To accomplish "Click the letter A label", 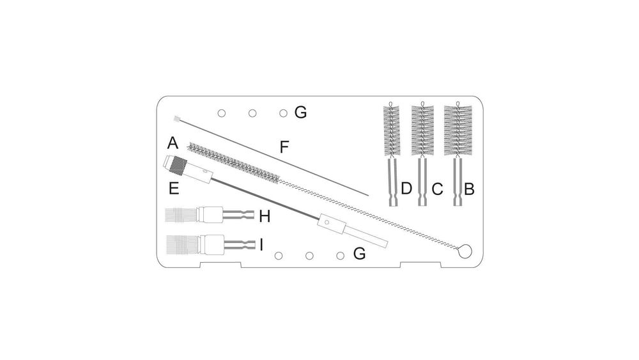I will coord(172,142).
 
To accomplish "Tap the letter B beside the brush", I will coord(469,189).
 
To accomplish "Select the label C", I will coord(437,189).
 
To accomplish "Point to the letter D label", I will coord(406,189).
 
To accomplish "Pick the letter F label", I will coord(284,147).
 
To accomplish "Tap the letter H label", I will coord(265,217).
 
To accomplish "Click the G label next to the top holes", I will coord(300,113).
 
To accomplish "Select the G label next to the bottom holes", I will coord(359,254).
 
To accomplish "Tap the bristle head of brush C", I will coord(422,130).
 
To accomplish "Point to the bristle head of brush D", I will coord(391,130).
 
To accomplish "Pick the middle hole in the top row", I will coord(252,113).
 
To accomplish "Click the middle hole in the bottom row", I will coord(309,256).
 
